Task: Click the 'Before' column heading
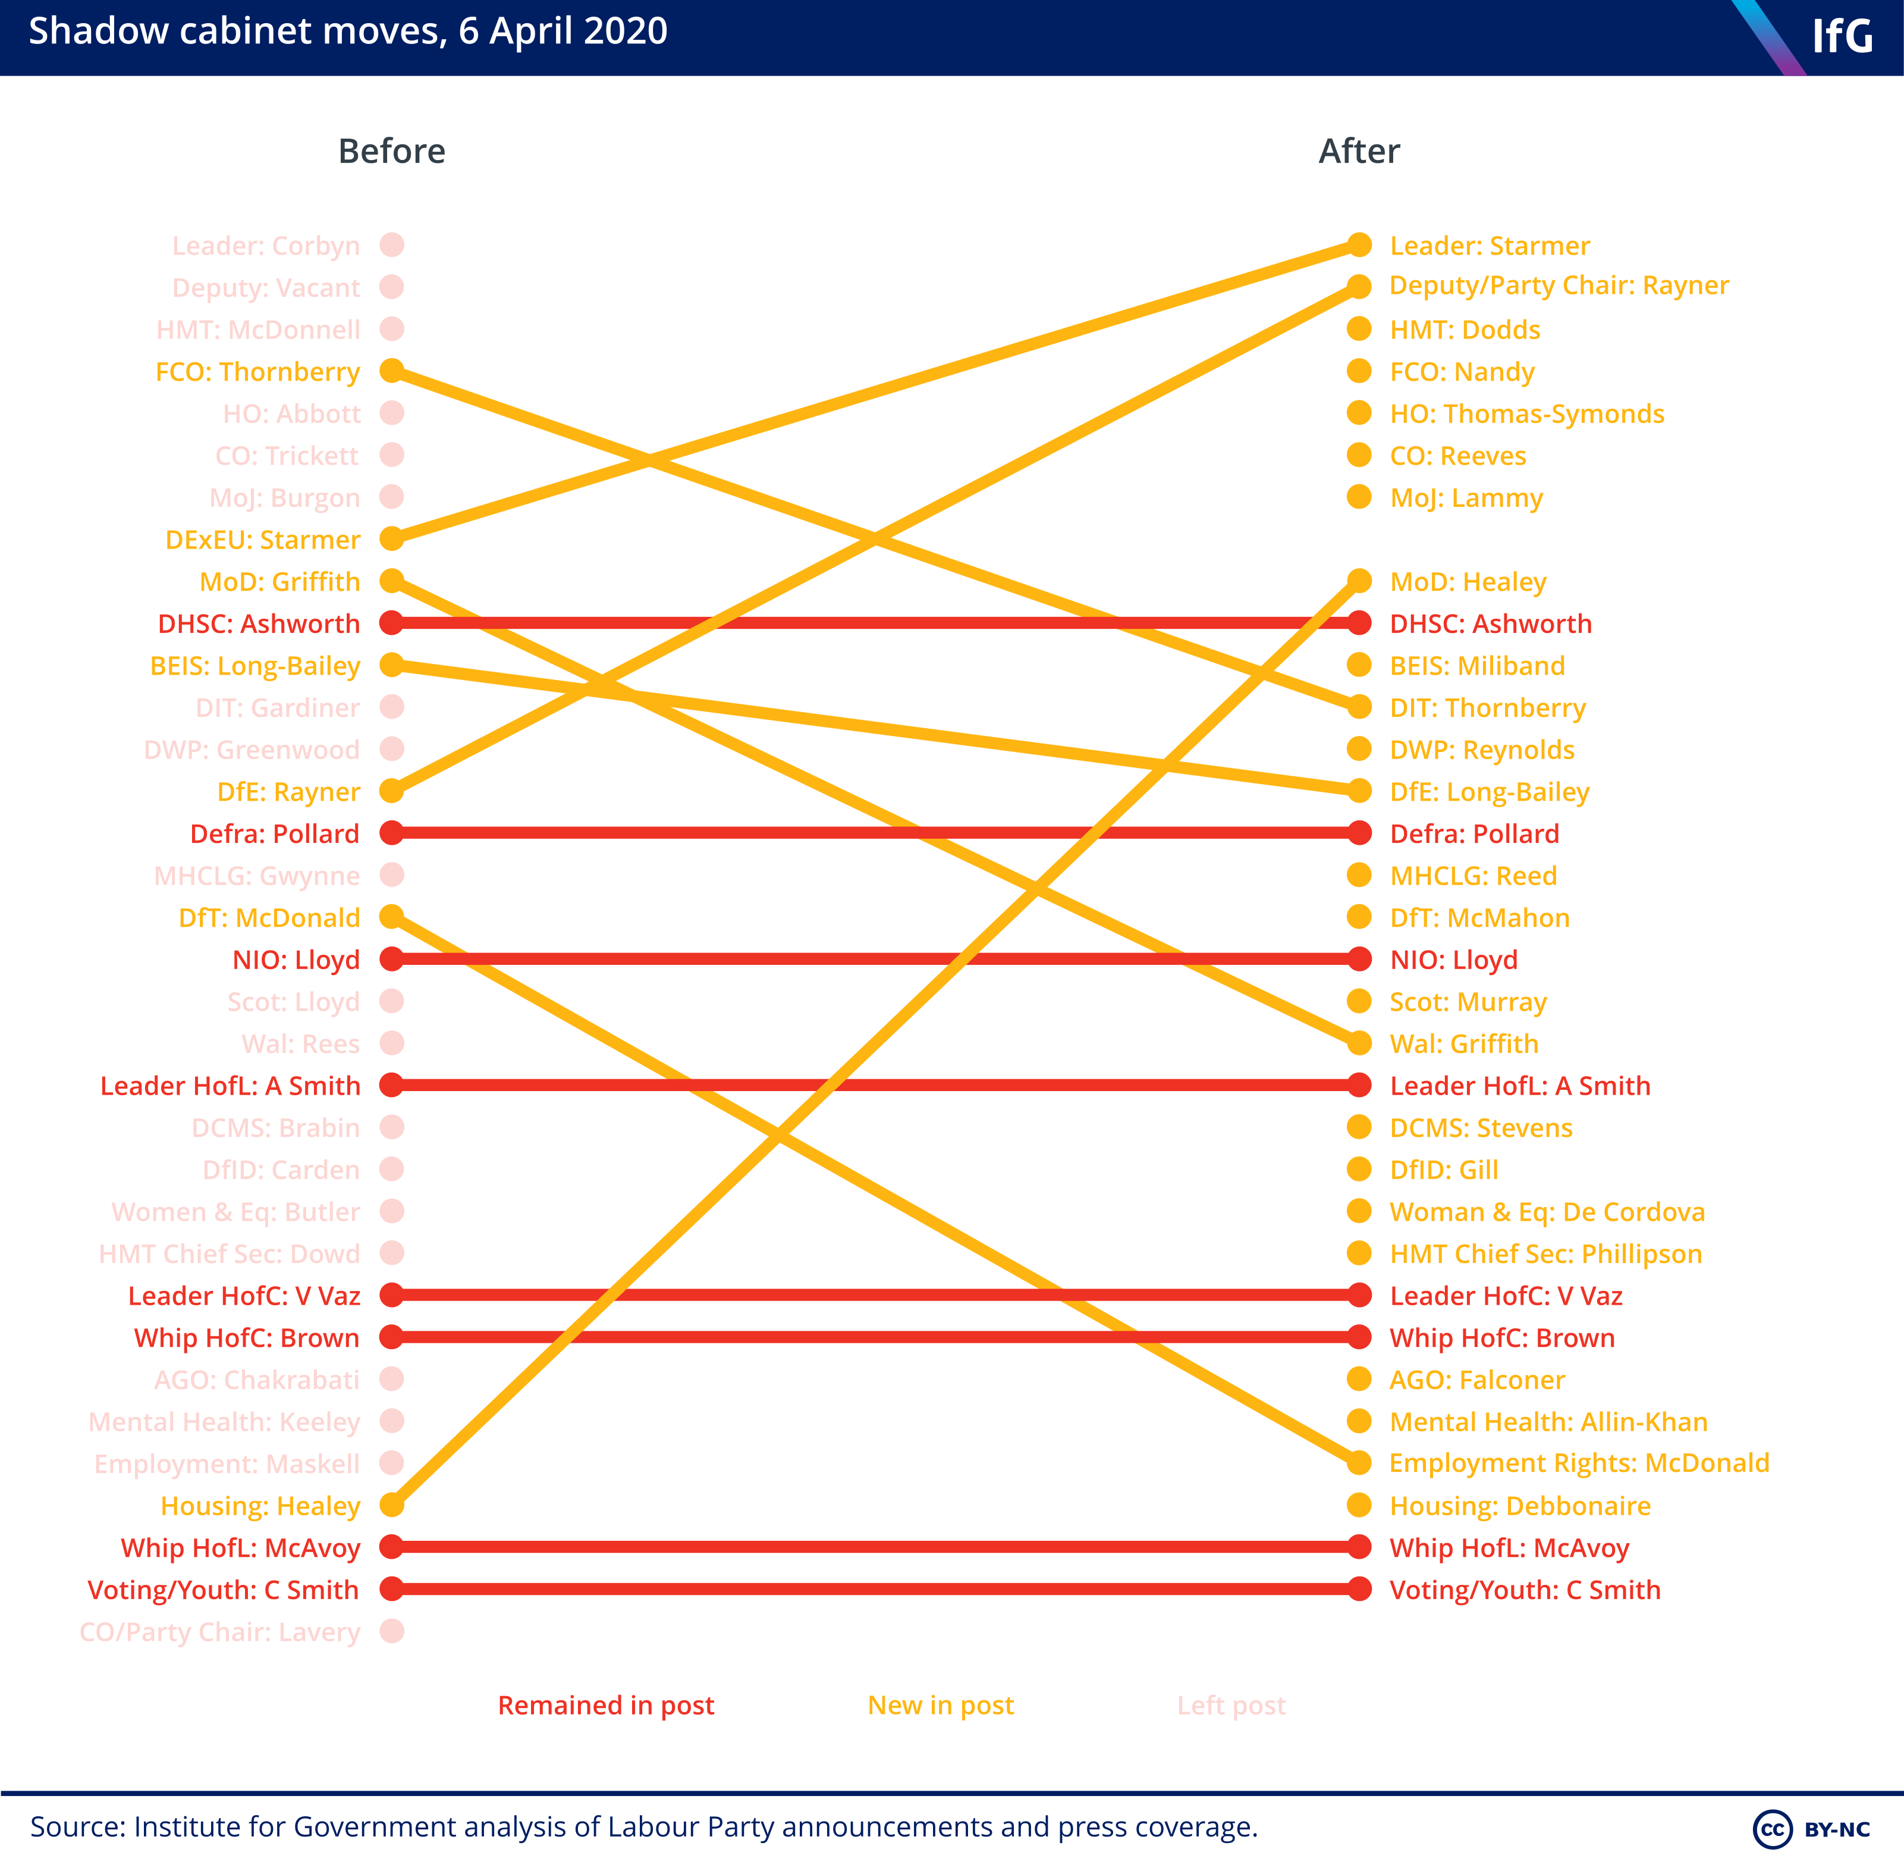coord(392,152)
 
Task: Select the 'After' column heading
coord(1359,152)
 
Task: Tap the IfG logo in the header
coord(1842,36)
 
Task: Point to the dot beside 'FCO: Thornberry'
coord(392,371)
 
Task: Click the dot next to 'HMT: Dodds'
coord(1359,329)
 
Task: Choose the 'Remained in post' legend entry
coord(606,1706)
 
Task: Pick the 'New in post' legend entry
coord(941,1706)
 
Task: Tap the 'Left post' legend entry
coord(1232,1706)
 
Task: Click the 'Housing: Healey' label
coord(261,1506)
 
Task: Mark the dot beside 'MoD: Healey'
coord(1359,581)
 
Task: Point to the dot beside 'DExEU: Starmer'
coord(392,538)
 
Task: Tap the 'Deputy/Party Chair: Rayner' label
coord(1559,286)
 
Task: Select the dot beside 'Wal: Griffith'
coord(1359,1042)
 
